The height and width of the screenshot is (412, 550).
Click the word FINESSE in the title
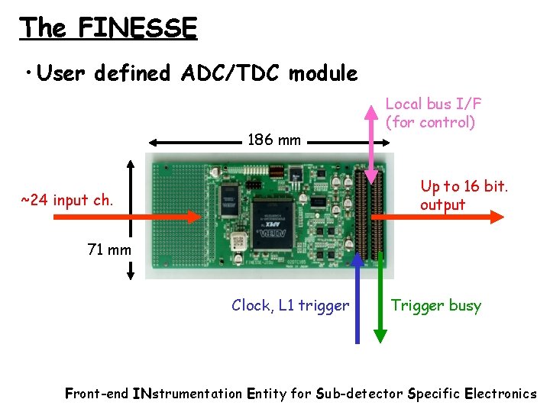click(137, 28)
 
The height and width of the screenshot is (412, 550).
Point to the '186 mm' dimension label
click(274, 140)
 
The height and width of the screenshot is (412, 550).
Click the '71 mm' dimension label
click(108, 249)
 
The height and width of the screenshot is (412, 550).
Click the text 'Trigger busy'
click(436, 306)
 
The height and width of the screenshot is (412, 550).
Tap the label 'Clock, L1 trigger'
click(290, 306)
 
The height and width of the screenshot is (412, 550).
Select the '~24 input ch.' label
click(67, 201)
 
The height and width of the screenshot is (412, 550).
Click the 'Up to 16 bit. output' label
click(464, 195)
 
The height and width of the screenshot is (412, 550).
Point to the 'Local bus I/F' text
click(433, 104)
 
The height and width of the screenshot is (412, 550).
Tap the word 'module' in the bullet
click(324, 73)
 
